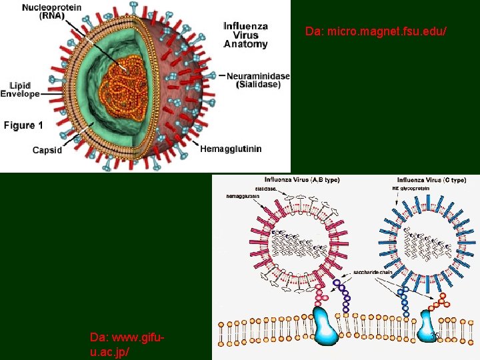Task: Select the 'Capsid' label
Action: [47, 150]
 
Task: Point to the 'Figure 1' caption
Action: [23, 125]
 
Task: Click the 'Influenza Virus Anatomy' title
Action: [245, 35]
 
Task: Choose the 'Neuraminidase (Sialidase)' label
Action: [258, 80]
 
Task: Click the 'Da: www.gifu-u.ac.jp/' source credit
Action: [127, 343]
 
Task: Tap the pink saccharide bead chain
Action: [321, 294]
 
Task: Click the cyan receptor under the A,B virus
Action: [326, 327]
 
